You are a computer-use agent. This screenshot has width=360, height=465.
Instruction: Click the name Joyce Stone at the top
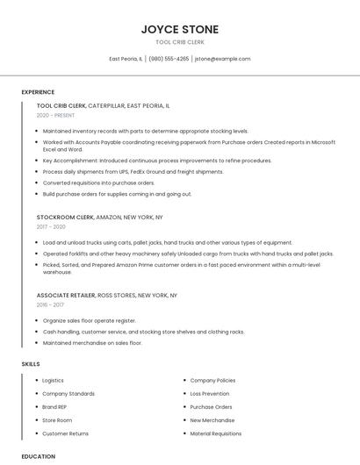(x=180, y=29)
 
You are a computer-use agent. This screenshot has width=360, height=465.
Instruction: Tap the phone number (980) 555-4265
(x=169, y=59)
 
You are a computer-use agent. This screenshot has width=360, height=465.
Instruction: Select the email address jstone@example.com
(x=222, y=59)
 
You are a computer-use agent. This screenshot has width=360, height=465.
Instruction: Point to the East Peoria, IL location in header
(x=126, y=59)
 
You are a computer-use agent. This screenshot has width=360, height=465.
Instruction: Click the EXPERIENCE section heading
(x=38, y=92)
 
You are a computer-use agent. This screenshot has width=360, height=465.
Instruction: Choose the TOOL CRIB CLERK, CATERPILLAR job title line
(x=104, y=105)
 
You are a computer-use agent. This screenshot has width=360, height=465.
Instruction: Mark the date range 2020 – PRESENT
(x=56, y=116)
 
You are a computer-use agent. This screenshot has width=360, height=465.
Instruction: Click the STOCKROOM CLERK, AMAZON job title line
(x=99, y=217)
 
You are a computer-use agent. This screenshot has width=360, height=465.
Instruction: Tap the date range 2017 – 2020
(x=51, y=227)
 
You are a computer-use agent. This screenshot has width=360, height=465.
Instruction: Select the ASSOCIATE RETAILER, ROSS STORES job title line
(x=106, y=296)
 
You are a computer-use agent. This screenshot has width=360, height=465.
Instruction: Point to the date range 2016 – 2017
(x=51, y=305)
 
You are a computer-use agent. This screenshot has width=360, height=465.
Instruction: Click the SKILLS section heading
(x=31, y=363)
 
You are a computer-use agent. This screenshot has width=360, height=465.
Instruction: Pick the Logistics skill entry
(x=53, y=381)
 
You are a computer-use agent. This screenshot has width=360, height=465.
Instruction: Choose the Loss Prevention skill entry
(x=209, y=394)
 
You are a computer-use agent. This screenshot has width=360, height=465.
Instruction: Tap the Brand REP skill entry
(x=54, y=407)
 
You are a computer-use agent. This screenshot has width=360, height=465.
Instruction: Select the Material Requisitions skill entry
(x=215, y=433)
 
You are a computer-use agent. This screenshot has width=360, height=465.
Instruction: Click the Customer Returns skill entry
(x=65, y=433)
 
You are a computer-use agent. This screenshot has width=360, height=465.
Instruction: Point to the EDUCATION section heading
(x=38, y=456)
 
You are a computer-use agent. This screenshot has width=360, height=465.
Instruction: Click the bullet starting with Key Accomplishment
(x=157, y=161)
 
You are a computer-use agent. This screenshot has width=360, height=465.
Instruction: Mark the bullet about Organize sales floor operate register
(x=90, y=321)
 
